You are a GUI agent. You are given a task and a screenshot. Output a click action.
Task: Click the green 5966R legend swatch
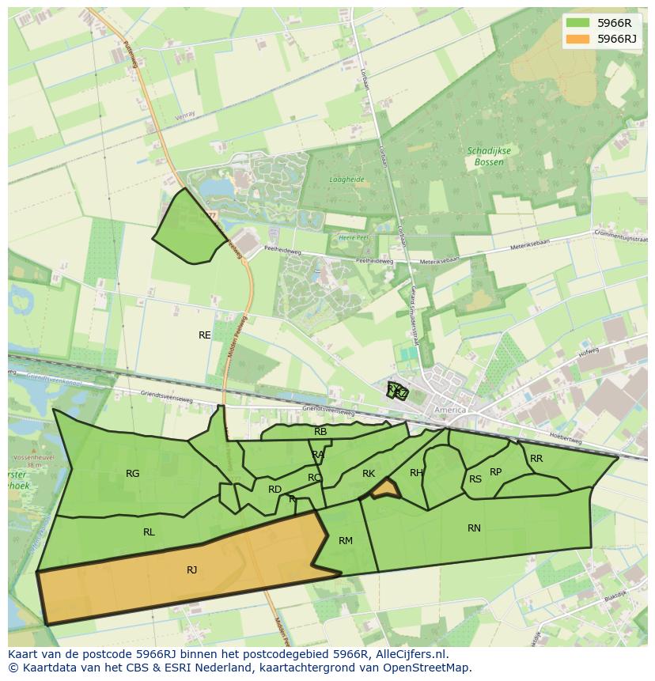pos(577,23)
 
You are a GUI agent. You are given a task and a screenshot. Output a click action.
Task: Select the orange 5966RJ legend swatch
pos(577,39)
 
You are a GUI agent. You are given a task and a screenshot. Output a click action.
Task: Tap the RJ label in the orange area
pos(192,570)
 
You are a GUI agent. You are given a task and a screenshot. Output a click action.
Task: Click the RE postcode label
pos(205,335)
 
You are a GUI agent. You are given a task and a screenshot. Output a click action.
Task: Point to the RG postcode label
pos(133,474)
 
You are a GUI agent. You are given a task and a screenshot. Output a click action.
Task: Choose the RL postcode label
pos(149,532)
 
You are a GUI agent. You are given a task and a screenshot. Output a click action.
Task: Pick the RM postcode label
pos(346,541)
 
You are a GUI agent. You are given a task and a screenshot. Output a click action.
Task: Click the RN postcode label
pos(474,528)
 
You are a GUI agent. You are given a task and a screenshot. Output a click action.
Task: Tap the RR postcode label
pos(536,459)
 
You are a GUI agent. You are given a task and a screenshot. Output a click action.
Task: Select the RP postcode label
pos(495,472)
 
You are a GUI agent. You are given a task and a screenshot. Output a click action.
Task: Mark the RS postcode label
pos(475,479)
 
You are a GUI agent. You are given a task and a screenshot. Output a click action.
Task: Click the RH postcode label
pos(416,473)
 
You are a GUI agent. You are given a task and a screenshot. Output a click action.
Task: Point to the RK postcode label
pos(369,474)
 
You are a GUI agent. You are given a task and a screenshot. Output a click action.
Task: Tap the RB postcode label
pos(320,432)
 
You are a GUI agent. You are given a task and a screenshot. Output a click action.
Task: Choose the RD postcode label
pos(274,490)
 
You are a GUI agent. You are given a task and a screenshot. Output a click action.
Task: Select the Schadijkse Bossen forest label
pos(489,156)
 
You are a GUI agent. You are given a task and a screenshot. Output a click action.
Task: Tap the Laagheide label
pos(347,180)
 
